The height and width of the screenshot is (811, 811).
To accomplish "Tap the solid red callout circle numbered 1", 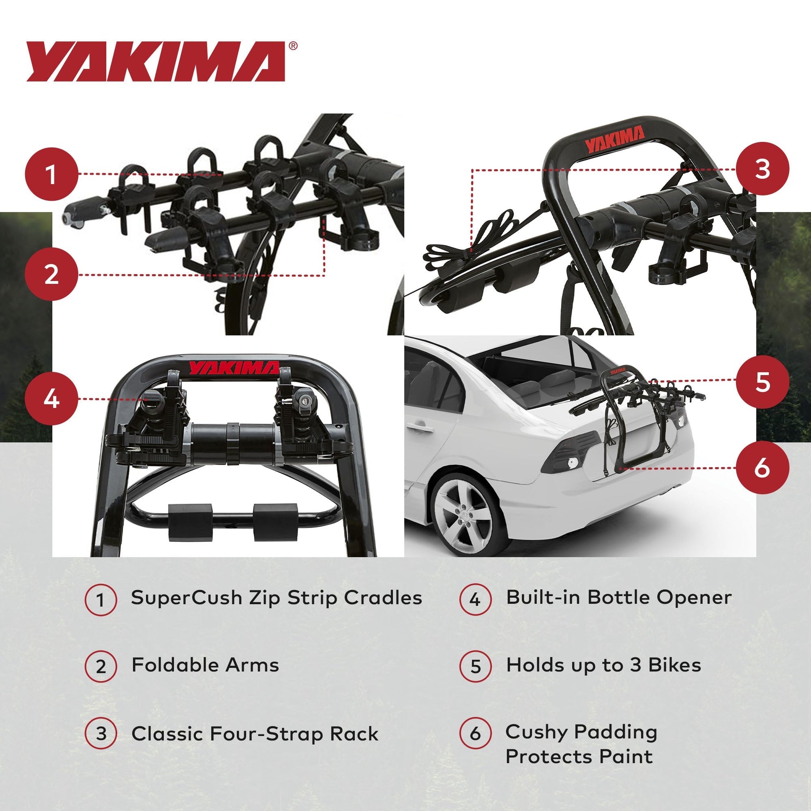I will point(52,174).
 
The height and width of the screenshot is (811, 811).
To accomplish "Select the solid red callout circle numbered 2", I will point(52,275).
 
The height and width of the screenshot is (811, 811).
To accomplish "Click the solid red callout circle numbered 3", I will point(762,169).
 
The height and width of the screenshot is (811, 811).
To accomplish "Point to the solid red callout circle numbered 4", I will point(52,398).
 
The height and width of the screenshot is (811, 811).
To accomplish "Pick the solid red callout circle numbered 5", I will point(762,382).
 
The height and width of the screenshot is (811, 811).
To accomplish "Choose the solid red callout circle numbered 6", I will point(762,467).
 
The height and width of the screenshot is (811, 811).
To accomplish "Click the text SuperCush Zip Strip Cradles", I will point(276,598).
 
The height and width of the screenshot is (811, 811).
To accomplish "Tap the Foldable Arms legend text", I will point(205,665).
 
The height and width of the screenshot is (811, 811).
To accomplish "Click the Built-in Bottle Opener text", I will point(619,597).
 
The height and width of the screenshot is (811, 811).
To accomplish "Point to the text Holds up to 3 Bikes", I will point(603,665).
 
